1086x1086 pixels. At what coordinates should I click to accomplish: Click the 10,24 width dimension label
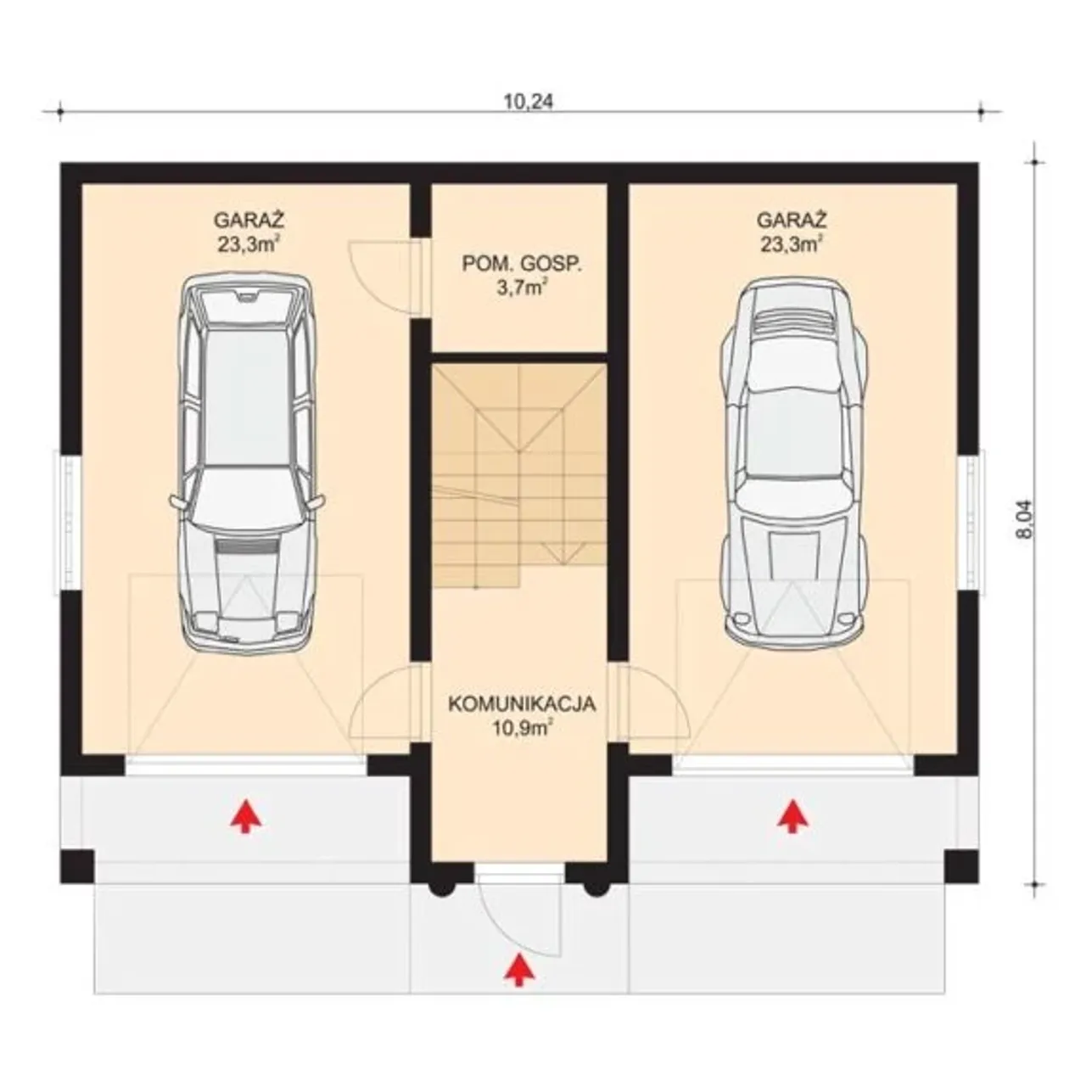tap(528, 102)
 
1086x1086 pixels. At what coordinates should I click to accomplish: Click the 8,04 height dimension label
tap(1025, 519)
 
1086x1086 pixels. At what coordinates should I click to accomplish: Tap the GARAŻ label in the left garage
tap(249, 220)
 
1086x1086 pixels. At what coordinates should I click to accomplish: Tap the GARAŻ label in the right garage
tap(792, 220)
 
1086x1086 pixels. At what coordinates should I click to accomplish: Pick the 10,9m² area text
tap(522, 729)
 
